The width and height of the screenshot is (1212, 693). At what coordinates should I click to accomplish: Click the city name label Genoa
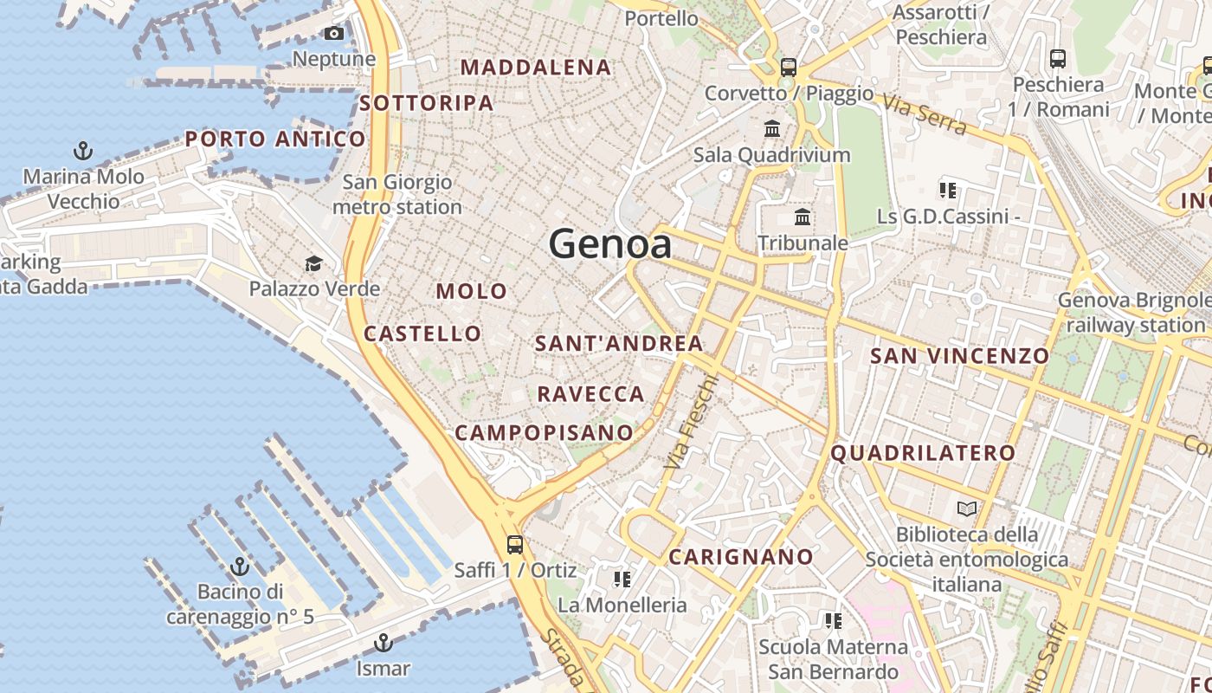pos(610,243)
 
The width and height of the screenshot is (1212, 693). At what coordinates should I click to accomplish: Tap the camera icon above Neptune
pos(334,34)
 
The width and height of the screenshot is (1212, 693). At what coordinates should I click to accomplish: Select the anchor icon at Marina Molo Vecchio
pos(83,152)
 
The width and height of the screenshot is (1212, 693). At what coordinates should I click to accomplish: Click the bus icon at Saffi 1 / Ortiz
pos(515,545)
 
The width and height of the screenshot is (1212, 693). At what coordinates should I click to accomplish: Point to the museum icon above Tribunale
pos(803,217)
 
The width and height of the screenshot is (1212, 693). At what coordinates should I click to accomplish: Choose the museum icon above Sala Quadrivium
pos(772,129)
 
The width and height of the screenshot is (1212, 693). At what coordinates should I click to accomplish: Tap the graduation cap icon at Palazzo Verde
pos(313,263)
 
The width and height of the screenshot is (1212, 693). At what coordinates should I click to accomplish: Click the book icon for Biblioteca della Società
pos(967,508)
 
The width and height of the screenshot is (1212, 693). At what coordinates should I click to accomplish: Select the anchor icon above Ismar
pos(383,643)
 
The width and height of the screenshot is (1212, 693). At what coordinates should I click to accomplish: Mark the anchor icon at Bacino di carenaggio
pos(240,567)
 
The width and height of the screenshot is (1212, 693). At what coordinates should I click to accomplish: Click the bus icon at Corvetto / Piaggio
pos(788,67)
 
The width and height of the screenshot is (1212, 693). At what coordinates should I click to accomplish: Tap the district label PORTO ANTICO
pos(275,139)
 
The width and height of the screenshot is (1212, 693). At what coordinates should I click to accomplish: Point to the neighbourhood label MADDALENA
pos(536,67)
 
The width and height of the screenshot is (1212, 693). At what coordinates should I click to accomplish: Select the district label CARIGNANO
pos(741,556)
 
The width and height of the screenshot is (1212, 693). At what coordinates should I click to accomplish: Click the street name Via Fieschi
pos(691,422)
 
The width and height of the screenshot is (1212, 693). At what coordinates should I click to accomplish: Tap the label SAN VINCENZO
pos(959,355)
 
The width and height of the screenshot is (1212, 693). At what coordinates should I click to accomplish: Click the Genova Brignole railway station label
pos(1135,313)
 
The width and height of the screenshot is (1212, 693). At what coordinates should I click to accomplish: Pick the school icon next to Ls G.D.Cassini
pos(948,190)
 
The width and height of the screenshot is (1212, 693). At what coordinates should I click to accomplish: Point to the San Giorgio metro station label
pos(397,195)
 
